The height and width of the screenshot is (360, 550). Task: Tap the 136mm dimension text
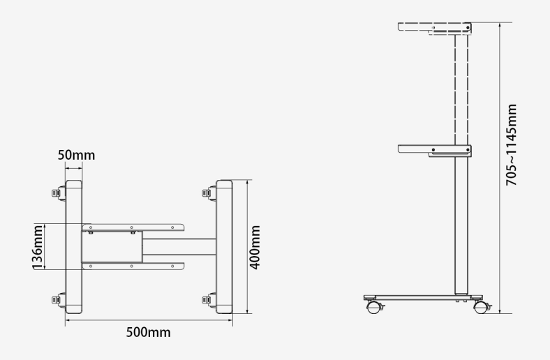(39, 246)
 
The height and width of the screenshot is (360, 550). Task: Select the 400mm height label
(255, 247)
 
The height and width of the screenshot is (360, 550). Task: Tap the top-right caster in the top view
(208, 192)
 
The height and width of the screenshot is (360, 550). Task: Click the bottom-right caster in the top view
(208, 300)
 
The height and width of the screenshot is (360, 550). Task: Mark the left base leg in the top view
(74, 246)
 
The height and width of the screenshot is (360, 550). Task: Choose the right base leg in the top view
(224, 246)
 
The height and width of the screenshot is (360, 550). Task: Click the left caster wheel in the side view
(372, 305)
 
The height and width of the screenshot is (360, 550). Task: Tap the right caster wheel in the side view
(480, 305)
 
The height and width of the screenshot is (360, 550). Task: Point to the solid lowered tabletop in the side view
(434, 149)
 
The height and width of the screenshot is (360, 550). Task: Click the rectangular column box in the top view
(112, 246)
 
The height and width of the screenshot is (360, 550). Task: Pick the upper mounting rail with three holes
(132, 227)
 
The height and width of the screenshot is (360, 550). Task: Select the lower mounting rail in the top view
(132, 265)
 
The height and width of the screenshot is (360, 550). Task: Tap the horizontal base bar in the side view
(419, 297)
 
